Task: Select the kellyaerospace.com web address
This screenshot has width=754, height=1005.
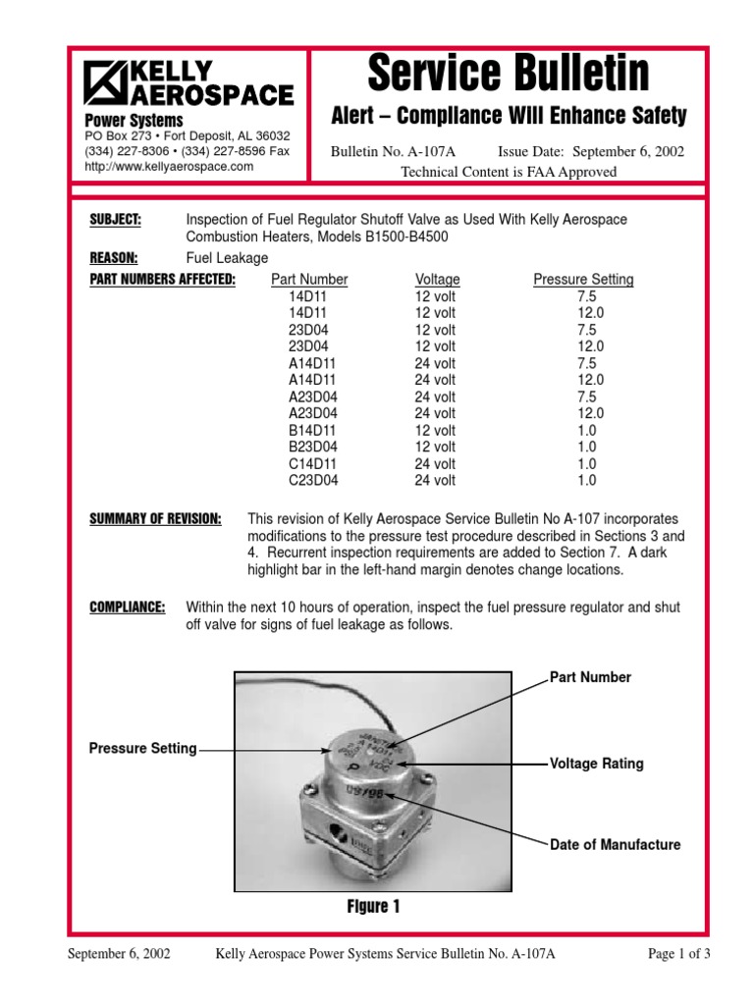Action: point(169,167)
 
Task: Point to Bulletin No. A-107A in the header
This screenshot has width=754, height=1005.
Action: point(400,151)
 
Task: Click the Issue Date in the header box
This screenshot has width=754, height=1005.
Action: point(591,151)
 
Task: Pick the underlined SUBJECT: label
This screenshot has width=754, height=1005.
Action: point(115,220)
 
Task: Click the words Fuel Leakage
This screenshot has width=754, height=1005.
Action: point(227,258)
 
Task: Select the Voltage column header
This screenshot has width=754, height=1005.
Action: point(437,280)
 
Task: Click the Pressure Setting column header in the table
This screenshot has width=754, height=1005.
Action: point(583,280)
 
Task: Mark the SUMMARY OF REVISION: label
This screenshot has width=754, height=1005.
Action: point(155,518)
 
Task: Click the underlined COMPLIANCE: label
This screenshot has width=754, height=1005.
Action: point(127,608)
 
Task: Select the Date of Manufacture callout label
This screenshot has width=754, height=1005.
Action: point(615,845)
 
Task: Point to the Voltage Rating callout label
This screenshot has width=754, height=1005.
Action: point(597,764)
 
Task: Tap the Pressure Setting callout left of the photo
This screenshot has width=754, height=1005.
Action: point(142,749)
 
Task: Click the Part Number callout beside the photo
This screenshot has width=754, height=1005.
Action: point(590,678)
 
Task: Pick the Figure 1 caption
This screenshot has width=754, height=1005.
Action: point(372,907)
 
